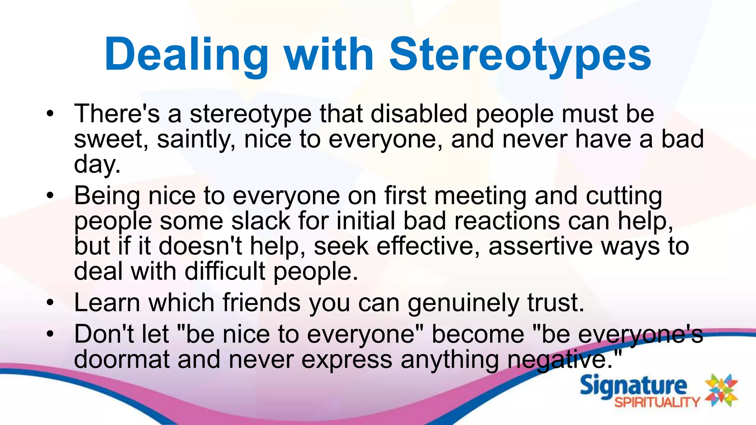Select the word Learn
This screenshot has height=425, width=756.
click(107, 303)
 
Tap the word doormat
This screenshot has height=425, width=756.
click(122, 360)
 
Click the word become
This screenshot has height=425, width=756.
click(478, 335)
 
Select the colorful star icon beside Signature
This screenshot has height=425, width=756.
click(721, 390)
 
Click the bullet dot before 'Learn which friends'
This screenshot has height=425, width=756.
click(50, 303)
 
